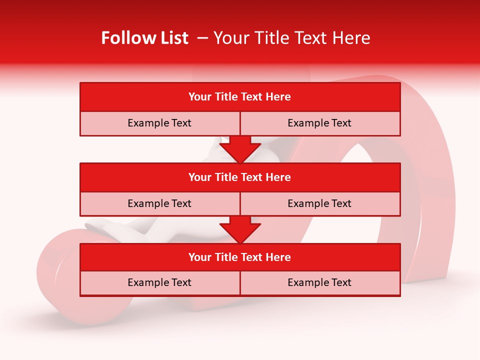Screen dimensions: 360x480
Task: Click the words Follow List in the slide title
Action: pos(144,38)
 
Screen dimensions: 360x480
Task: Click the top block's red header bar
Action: pos(240,97)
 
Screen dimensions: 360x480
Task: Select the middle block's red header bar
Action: pos(240,177)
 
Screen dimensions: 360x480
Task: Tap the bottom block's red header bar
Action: pos(240,257)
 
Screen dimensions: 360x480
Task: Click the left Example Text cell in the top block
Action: pos(159,123)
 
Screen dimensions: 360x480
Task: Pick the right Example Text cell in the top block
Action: pos(319,123)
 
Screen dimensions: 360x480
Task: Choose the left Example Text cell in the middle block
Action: pos(159,204)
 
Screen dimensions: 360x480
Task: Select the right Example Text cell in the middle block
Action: pos(319,204)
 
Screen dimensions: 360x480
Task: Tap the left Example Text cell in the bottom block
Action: pos(159,283)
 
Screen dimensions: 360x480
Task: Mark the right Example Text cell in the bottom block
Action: pos(319,283)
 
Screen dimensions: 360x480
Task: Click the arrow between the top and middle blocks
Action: pos(240,149)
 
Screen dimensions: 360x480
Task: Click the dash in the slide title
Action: pos(203,38)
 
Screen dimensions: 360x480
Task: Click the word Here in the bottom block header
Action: pos(278,257)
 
